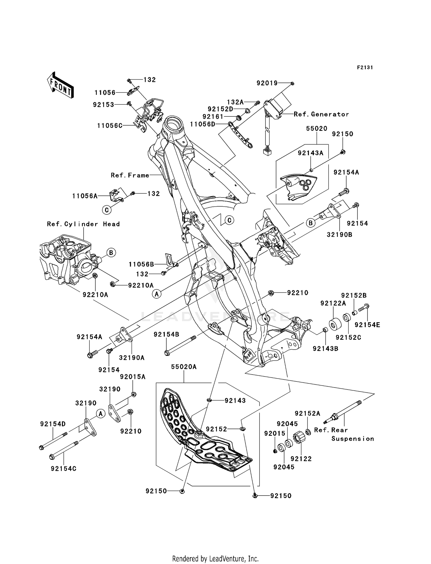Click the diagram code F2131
365,68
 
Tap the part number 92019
267,83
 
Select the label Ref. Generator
321,114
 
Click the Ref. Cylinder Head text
83,224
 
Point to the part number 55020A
184,367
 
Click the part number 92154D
53,424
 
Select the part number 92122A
333,303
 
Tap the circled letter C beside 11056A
107,210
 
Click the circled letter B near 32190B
311,223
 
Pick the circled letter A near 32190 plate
100,414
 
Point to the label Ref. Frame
130,175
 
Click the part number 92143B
326,349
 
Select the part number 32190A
132,358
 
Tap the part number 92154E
367,325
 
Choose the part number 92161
213,117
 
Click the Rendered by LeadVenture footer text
215,559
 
